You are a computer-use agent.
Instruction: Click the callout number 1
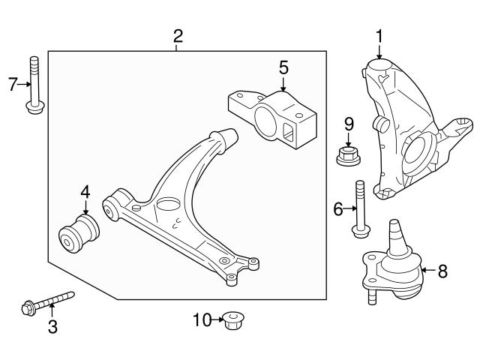379,35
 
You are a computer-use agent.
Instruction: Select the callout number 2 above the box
178,35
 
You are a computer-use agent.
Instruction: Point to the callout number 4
85,192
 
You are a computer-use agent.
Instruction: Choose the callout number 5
283,67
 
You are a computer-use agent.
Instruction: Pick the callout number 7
13,84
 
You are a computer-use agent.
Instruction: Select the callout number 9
348,123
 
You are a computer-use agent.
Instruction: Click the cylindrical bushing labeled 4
79,234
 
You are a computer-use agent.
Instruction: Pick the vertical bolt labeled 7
34,86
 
